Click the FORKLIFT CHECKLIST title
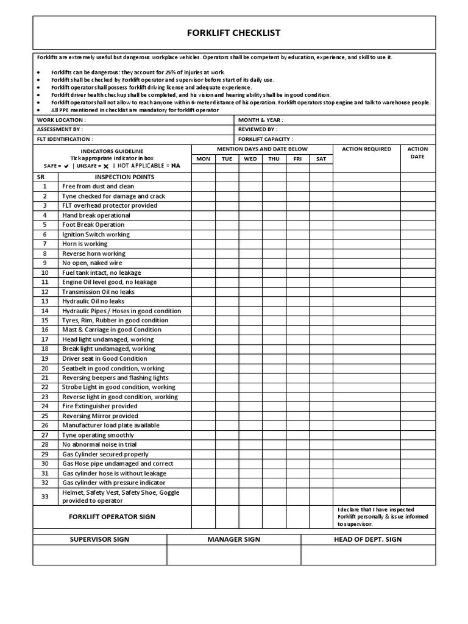point(234,33)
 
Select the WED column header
point(250,159)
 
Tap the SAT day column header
point(321,159)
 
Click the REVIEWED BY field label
point(258,130)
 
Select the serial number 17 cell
point(44,339)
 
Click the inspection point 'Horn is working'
point(85,244)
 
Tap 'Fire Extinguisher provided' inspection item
point(100,406)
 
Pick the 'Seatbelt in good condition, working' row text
point(113,368)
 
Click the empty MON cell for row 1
point(204,186)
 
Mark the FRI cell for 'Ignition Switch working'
point(297,234)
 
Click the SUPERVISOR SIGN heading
point(99,539)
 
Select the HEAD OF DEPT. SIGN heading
point(367,539)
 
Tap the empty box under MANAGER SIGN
point(234,555)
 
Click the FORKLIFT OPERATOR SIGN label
point(112,517)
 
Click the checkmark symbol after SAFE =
point(66,166)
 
